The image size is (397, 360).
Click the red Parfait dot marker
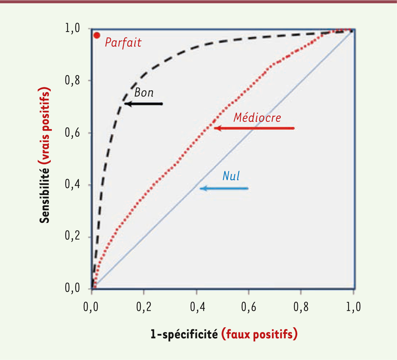pos(97,35)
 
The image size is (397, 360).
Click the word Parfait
pos(123,43)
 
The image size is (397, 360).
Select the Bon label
pos(144,93)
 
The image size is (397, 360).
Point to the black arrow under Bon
pos(144,104)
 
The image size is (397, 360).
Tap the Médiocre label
pos(257,117)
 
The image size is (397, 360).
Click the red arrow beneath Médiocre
pos(254,128)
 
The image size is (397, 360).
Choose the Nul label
pos(231,176)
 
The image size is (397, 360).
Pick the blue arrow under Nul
pos(224,189)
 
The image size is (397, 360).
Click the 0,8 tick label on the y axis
pos(72,81)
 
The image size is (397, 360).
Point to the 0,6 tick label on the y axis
pos(72,133)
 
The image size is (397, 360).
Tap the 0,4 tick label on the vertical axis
pos(72,185)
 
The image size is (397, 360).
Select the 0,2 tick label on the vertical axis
pos(72,237)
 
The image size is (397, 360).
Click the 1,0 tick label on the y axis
pos(72,29)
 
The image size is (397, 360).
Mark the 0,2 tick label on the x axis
pos(144,307)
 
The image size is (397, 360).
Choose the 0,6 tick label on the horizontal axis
pos(248,307)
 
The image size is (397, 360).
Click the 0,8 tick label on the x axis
pos(301,307)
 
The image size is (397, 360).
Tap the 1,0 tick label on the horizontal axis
pos(353,307)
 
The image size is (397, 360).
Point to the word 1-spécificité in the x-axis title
pos(184,334)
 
